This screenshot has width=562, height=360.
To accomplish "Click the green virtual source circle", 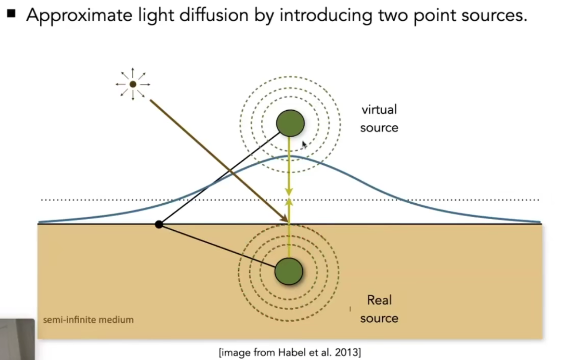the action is tap(290, 123).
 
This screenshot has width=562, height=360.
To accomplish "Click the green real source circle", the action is tap(289, 271).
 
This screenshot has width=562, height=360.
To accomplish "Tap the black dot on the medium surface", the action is tap(159, 224).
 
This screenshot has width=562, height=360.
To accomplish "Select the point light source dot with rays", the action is tap(133, 84).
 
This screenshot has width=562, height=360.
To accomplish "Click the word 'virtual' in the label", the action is tap(379, 110).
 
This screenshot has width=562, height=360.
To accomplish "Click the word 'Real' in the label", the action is tap(380, 300).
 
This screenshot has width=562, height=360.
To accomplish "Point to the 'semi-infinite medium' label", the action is tap(88, 320).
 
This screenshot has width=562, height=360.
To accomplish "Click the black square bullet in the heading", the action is tap(11, 14).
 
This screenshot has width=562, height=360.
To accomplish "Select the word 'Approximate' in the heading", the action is tap(79, 15).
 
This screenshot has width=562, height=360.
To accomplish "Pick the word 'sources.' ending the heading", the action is tap(494, 15).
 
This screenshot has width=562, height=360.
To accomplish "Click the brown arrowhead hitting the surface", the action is tap(285, 218).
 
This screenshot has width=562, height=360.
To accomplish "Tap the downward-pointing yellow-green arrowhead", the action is tap(289, 192).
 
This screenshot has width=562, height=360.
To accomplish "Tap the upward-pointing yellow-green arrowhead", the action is tap(289, 202).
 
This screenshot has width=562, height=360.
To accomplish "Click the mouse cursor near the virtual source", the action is tap(304, 145).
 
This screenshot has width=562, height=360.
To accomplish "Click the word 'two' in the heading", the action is tap(394, 15).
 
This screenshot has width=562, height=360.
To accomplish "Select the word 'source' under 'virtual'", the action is tap(379, 128).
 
